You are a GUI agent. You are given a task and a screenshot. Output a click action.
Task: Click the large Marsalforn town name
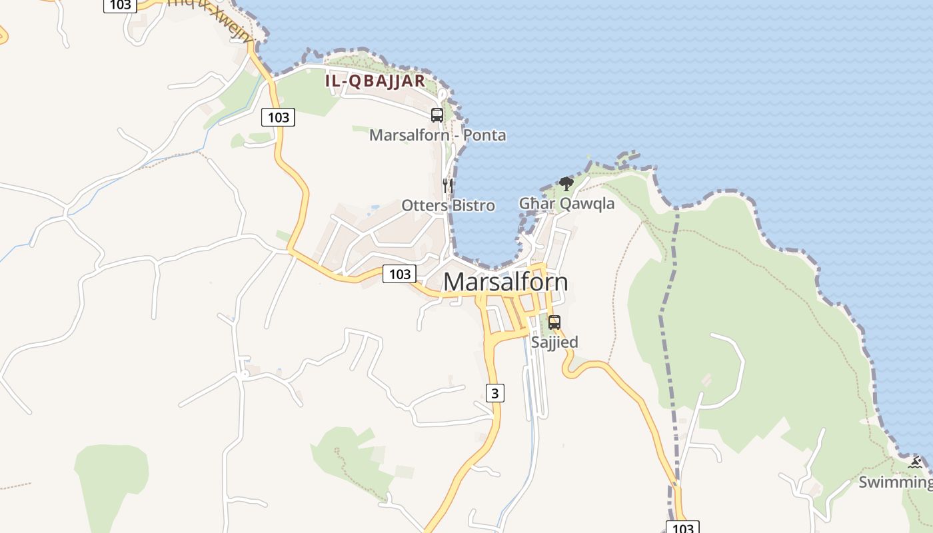coord(505,282)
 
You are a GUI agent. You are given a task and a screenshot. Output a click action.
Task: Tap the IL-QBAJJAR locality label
coord(375,81)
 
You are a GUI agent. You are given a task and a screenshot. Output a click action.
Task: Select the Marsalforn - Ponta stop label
coord(437,135)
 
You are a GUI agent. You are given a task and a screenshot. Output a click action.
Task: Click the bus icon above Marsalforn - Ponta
coord(437,115)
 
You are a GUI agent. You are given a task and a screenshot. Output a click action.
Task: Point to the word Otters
coord(425,205)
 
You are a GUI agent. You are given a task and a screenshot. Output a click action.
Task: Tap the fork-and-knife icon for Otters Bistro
coord(448,185)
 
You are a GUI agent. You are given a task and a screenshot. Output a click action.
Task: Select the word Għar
coord(536,203)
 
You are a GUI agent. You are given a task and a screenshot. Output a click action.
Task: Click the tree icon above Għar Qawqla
coord(566,183)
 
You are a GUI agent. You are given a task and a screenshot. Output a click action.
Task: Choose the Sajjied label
coord(554,342)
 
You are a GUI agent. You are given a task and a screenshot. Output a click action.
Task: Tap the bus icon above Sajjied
coord(554,322)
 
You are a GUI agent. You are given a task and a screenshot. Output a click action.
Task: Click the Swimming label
coord(895,482)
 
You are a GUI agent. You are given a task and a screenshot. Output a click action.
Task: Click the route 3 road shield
coord(494,393)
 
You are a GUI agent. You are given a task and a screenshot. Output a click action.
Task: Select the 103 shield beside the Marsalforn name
coord(399,273)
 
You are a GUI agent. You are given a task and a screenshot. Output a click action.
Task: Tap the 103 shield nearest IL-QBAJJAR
coord(278,118)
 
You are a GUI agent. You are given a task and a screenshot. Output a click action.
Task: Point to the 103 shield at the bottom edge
coord(682,528)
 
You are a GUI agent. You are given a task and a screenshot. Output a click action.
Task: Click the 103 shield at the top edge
coord(120,5)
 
